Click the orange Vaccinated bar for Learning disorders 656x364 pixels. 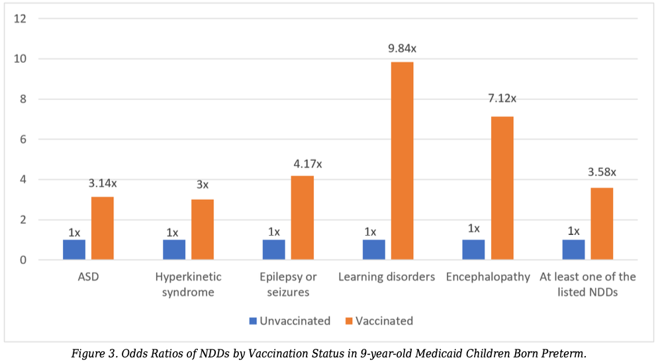click(402, 161)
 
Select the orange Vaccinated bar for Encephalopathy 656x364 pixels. click(502, 188)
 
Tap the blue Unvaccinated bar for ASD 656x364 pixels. click(74, 250)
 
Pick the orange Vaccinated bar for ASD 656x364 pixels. click(103, 228)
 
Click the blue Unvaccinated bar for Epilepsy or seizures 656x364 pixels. click(274, 250)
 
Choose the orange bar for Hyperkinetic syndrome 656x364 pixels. click(203, 230)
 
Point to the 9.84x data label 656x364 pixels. click(402, 48)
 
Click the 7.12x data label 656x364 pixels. click(502, 99)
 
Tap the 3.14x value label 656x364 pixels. click(103, 183)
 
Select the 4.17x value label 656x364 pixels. click(308, 164)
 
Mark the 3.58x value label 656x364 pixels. click(602, 172)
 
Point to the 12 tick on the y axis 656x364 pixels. click(20, 19)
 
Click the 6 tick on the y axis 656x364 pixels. click(23, 140)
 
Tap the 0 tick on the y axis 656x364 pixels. click(23, 260)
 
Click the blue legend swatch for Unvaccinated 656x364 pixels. click(253, 321)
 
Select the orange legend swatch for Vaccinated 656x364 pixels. click(349, 321)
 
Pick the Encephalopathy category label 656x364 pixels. click(488, 277)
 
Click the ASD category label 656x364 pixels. click(88, 277)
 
